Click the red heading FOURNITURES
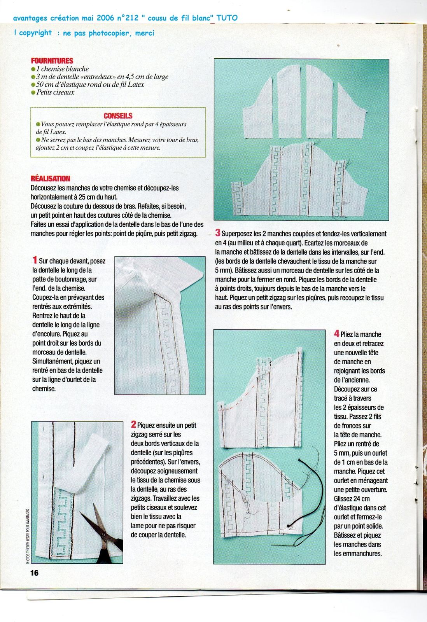[x=52, y=61]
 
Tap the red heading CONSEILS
[x=118, y=116]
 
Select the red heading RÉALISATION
[x=51, y=178]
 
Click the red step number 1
[x=35, y=260]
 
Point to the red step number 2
[x=133, y=425]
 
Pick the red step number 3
[x=218, y=233]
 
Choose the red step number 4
[x=337, y=334]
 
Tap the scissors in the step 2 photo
[x=102, y=536]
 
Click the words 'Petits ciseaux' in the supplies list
[x=55, y=93]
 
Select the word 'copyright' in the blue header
[x=35, y=33]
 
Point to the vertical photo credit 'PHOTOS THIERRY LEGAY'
[x=28, y=536]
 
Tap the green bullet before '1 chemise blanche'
[x=33, y=69]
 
